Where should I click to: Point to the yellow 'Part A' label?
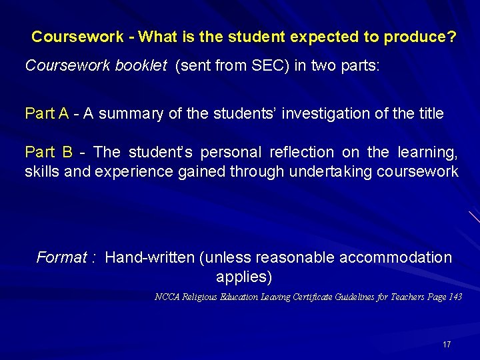pos(47,113)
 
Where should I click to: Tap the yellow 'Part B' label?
pos(48,152)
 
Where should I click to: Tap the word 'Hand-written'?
pos(150,257)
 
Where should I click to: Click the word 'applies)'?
pos(244,276)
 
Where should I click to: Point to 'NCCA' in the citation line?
pos(167,297)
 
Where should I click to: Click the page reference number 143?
pos(454,297)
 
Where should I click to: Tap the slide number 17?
pos(447,345)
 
